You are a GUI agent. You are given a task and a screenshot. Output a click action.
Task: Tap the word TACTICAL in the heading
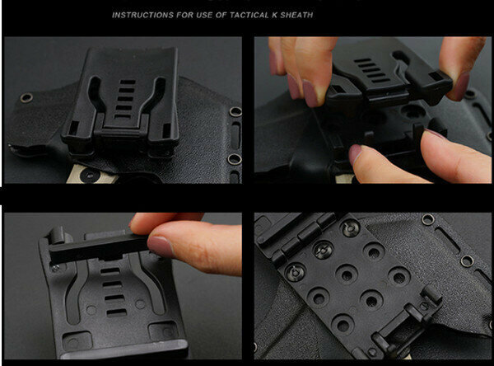point(249,15)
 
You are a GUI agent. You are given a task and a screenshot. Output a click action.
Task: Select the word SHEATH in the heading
point(296,15)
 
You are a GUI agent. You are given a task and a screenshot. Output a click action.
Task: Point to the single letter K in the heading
point(275,15)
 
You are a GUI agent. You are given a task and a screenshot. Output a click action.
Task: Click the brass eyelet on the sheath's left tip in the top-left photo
point(26,98)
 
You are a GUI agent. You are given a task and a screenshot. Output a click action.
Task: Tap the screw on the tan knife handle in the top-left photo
point(89,175)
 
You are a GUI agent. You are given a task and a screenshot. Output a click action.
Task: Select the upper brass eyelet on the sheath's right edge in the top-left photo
point(235,111)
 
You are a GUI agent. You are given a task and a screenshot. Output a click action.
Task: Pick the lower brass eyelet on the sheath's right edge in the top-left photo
point(235,159)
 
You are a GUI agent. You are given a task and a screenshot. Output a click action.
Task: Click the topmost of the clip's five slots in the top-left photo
point(128,82)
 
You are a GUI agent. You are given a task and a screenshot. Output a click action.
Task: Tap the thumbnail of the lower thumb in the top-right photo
point(356,152)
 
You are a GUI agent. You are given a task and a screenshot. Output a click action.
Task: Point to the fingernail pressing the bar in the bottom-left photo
point(161,246)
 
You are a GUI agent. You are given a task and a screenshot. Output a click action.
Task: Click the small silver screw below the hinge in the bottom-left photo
point(55,269)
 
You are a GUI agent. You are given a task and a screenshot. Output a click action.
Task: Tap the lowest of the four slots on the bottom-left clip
point(117,312)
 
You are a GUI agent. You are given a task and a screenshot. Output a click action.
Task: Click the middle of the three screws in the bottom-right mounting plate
point(323,250)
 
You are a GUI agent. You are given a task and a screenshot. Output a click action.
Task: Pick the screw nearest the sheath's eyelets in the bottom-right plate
point(351,228)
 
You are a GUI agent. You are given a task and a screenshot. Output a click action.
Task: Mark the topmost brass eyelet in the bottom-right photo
point(427,219)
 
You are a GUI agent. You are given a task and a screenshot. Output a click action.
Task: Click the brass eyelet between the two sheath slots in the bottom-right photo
point(467,261)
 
